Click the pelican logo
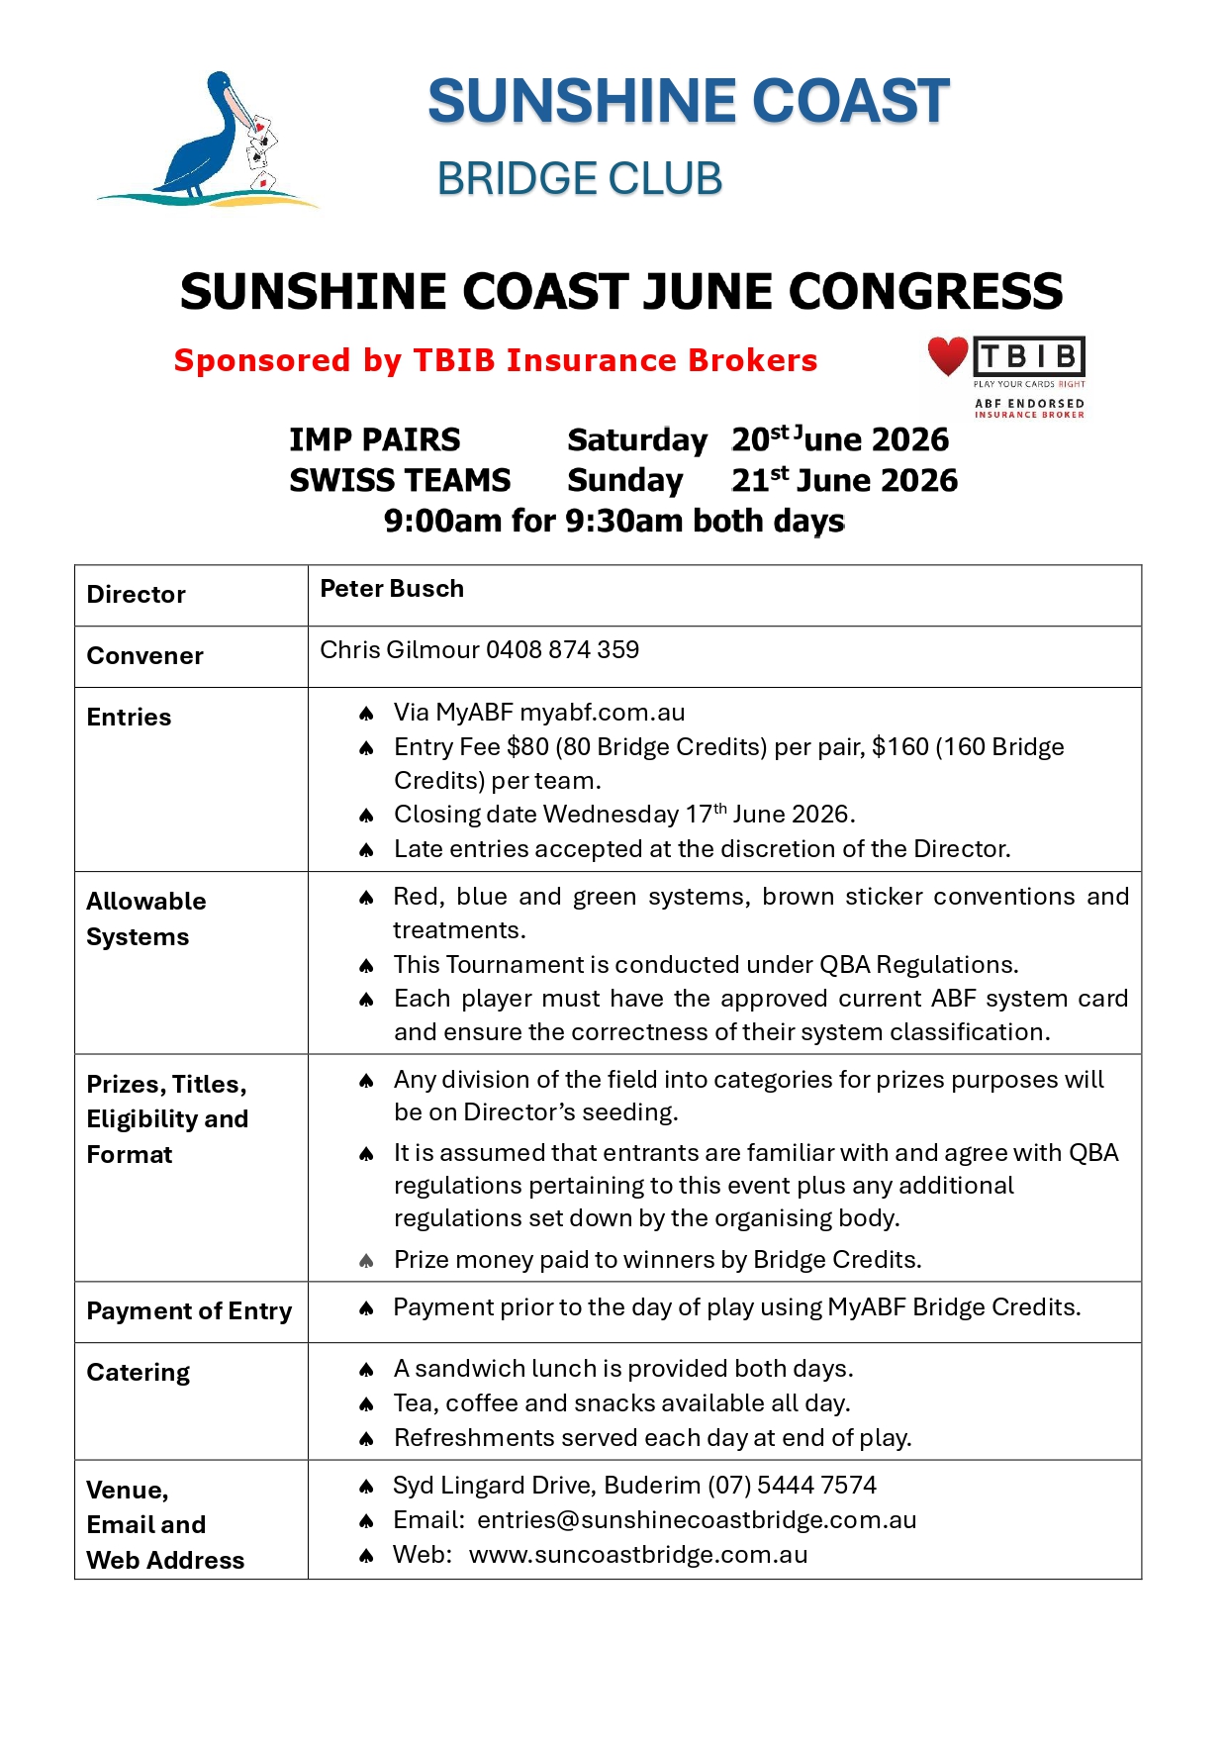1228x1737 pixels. point(213,139)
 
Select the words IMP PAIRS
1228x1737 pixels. point(374,439)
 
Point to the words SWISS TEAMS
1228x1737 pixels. point(400,480)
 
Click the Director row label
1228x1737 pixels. point(137,595)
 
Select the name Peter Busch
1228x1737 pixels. point(392,589)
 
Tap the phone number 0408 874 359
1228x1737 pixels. point(562,650)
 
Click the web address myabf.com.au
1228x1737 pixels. point(602,713)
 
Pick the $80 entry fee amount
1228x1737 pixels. point(527,747)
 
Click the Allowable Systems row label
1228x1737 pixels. point(145,918)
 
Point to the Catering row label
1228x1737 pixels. point(139,1373)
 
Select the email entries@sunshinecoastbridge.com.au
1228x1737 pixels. point(697,1520)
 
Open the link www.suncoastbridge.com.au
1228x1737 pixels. point(638,1555)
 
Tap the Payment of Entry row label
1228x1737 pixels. point(189,1311)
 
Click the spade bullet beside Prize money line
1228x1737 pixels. point(366,1261)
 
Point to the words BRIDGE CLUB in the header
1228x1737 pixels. point(580,179)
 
